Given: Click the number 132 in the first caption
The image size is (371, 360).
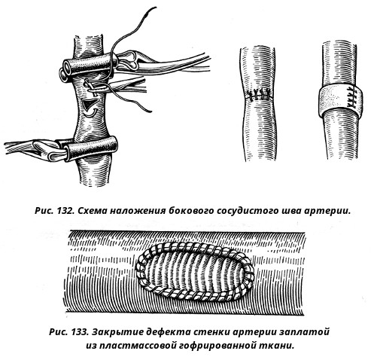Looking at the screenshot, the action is [x=64, y=211].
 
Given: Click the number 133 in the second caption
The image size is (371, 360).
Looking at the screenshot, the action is [x=78, y=332].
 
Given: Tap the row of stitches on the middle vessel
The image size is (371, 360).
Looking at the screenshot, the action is [x=259, y=95].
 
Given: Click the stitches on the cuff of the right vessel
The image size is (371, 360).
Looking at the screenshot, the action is [x=351, y=97].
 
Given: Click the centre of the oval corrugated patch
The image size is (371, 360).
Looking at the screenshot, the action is [x=195, y=271].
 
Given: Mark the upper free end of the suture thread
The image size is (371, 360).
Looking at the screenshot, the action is [x=155, y=8].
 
